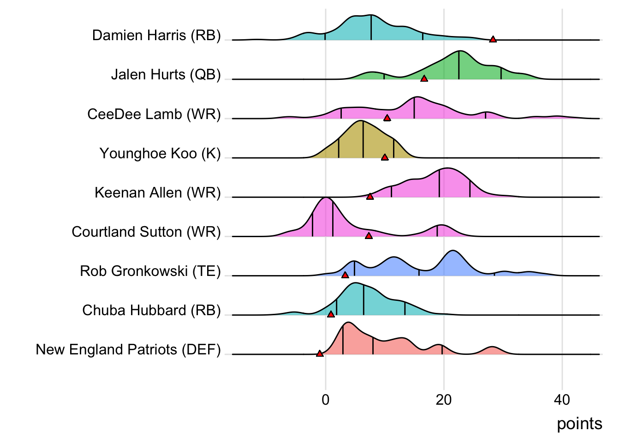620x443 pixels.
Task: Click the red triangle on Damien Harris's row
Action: click(x=493, y=39)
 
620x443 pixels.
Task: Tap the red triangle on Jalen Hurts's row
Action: click(x=424, y=78)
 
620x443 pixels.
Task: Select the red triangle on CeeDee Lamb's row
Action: click(x=387, y=118)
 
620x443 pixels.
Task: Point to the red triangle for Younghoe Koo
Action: click(x=385, y=157)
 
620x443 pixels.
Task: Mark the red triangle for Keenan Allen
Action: click(x=370, y=196)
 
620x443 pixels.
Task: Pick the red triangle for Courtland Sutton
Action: click(x=369, y=235)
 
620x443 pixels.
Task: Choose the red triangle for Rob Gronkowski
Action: click(x=345, y=275)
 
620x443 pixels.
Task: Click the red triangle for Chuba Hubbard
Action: click(x=331, y=314)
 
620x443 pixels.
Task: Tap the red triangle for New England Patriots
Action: click(x=320, y=353)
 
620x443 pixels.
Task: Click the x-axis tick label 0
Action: click(x=326, y=400)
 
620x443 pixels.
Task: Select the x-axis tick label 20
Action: click(x=444, y=400)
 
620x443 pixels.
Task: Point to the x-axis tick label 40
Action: click(x=562, y=400)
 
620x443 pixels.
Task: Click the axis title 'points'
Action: click(x=579, y=424)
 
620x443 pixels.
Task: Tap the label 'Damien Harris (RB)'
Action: click(x=156, y=35)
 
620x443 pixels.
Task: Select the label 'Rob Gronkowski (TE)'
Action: click(x=150, y=271)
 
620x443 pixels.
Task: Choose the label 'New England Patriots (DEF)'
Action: click(x=128, y=349)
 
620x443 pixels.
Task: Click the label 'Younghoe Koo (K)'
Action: click(x=160, y=153)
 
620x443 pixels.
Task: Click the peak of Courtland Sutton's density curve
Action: click(x=326, y=198)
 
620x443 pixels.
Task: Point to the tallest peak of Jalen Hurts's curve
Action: click(x=459, y=51)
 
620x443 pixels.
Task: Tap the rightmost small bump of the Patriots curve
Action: click(x=493, y=347)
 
